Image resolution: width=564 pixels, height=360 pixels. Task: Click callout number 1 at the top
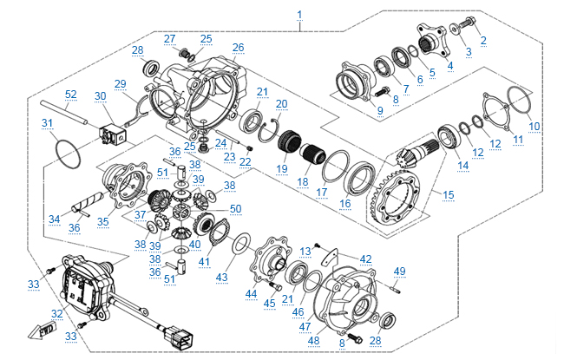click(x=299, y=15)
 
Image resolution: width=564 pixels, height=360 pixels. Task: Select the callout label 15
click(x=448, y=196)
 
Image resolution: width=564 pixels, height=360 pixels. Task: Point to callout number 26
click(x=238, y=47)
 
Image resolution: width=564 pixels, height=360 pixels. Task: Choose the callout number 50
click(x=235, y=209)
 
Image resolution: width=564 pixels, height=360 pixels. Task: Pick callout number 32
click(x=58, y=314)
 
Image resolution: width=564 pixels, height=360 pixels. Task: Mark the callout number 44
click(x=252, y=295)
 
